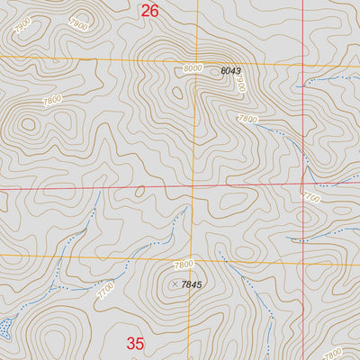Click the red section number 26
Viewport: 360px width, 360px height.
click(x=149, y=11)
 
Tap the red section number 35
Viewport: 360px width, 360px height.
click(x=135, y=343)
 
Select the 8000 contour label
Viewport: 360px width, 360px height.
click(x=192, y=68)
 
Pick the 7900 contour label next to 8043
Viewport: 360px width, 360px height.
click(x=240, y=83)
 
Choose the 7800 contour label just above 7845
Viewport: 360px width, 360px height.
click(x=184, y=265)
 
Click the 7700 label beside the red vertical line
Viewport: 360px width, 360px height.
click(x=311, y=196)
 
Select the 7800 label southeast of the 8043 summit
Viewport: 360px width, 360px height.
click(x=247, y=119)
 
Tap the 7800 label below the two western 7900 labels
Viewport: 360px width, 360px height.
click(x=52, y=100)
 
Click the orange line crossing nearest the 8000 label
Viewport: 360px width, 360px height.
click(x=193, y=62)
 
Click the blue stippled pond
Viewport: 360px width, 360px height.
click(x=5, y=326)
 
